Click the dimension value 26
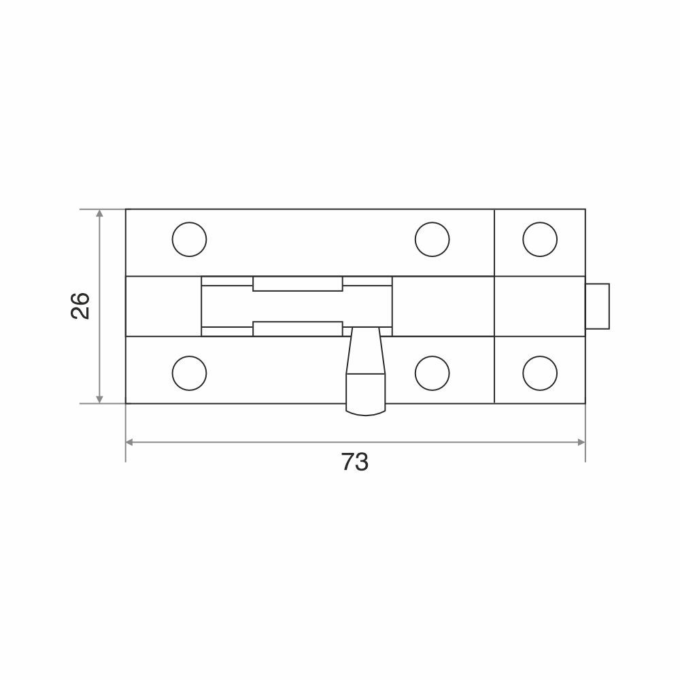click(80, 306)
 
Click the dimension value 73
click(355, 462)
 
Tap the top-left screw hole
click(189, 239)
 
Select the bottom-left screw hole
click(189, 373)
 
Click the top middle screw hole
click(432, 239)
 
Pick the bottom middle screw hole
click(432, 373)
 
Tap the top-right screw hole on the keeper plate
click(540, 239)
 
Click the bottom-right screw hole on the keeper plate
click(540, 373)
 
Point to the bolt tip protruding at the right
click(598, 306)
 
